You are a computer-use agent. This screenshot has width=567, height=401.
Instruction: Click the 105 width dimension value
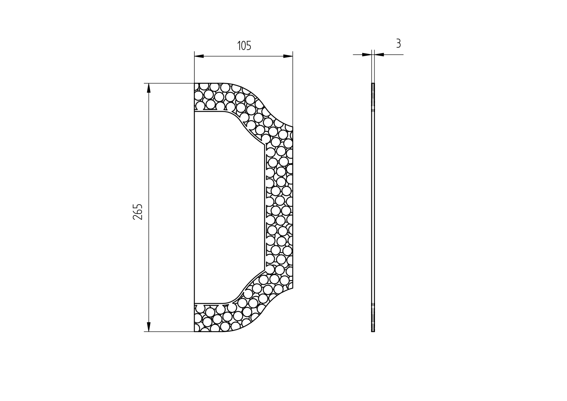[x=244, y=46]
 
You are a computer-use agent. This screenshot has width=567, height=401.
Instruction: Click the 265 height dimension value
[x=138, y=212]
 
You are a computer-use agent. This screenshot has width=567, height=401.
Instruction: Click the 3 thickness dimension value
[x=398, y=44]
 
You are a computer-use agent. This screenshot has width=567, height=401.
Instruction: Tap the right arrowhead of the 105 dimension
[x=288, y=56]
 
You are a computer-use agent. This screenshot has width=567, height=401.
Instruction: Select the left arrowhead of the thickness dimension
[x=367, y=54]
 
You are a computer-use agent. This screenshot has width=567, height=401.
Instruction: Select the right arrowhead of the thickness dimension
[x=379, y=54]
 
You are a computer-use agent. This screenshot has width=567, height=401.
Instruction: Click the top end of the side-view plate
[x=373, y=83]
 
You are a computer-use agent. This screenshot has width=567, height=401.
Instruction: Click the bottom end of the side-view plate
[x=373, y=331]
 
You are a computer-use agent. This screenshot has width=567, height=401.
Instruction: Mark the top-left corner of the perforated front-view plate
[x=195, y=83]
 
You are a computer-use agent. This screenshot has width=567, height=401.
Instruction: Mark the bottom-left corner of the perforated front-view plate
[x=195, y=331]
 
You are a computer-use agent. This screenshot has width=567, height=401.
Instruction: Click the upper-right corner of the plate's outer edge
[x=293, y=127]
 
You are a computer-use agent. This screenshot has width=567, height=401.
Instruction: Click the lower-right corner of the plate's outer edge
[x=293, y=288]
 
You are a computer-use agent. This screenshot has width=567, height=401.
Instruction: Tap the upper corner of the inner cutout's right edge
[x=266, y=147]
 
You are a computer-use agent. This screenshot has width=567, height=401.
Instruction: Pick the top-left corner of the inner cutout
[x=195, y=112]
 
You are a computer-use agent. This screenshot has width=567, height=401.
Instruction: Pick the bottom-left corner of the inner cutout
[x=195, y=303]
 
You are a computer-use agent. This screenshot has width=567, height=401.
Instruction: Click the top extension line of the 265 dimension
[x=169, y=83]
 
